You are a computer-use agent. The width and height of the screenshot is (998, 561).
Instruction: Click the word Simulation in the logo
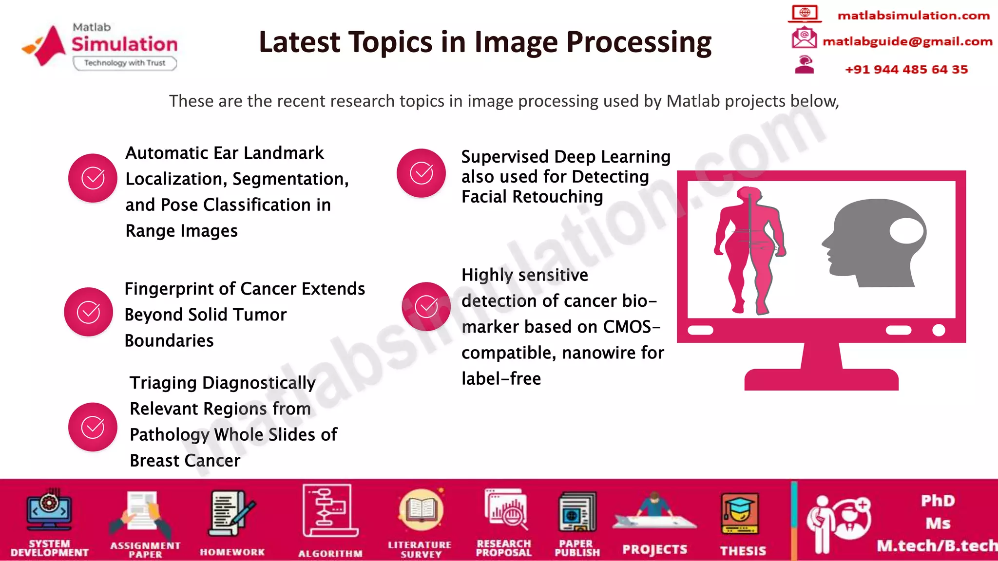pyautogui.click(x=124, y=44)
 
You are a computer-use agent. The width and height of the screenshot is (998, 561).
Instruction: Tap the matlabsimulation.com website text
pyautogui.click(x=913, y=16)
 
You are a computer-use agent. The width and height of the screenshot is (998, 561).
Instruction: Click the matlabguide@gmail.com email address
pyautogui.click(x=907, y=42)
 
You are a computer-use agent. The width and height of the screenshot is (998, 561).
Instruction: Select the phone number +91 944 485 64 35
pyautogui.click(x=906, y=70)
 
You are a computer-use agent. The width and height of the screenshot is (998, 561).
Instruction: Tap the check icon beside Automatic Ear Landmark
pyautogui.click(x=93, y=178)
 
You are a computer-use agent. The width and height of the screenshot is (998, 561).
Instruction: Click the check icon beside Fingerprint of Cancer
pyautogui.click(x=89, y=312)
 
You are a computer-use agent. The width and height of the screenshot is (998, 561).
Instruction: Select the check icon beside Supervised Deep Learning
pyautogui.click(x=421, y=173)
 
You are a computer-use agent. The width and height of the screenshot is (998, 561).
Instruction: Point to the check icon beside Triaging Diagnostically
pyautogui.click(x=93, y=427)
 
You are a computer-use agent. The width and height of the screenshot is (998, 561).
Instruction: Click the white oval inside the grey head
pyautogui.click(x=906, y=231)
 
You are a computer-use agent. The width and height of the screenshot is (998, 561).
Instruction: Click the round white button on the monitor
pyautogui.click(x=939, y=330)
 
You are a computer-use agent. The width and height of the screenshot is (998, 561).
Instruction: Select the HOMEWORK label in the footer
pyautogui.click(x=232, y=552)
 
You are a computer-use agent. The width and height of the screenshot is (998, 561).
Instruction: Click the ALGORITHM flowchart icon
pyautogui.click(x=330, y=511)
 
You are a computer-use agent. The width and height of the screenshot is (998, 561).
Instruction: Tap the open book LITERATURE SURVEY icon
pyautogui.click(x=421, y=510)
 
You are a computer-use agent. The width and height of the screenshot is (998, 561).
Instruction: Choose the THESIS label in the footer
pyautogui.click(x=743, y=551)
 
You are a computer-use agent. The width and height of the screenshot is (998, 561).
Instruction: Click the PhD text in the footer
pyautogui.click(x=938, y=501)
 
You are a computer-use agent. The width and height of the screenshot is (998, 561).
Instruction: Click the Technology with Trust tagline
pyautogui.click(x=125, y=63)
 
